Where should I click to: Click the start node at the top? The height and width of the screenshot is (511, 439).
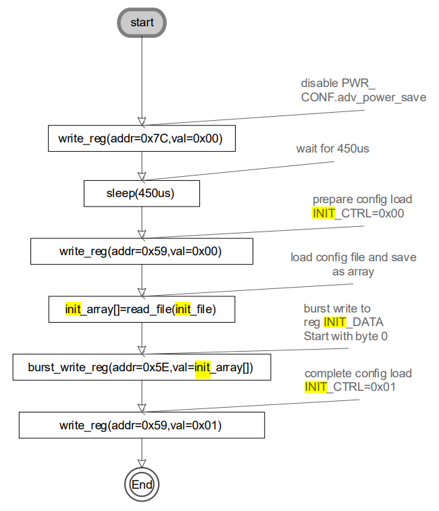coord(142,22)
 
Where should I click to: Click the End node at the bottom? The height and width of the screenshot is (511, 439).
coord(142,484)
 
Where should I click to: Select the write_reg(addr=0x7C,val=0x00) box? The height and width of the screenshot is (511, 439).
coord(142,138)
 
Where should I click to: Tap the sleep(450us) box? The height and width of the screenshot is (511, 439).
coord(142,194)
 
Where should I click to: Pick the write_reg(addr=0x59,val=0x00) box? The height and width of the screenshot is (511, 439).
coord(142,251)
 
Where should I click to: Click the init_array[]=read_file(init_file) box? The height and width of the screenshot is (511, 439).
coord(142,310)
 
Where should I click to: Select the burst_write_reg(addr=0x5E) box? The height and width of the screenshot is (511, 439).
coord(142,368)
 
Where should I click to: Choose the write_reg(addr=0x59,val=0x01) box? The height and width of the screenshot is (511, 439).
coord(142,426)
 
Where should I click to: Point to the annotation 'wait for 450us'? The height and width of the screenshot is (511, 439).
coord(332,149)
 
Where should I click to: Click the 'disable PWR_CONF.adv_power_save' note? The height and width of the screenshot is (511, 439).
coord(363,90)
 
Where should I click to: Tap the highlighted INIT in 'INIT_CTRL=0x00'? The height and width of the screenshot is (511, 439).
coord(324,213)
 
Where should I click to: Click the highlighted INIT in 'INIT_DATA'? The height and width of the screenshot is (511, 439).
coord(335,322)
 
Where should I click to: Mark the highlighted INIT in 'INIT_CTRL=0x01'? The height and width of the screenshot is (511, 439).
coord(316,387)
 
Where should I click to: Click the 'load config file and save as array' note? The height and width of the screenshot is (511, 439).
coord(353,264)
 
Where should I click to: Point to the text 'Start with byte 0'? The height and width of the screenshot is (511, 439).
coord(345,336)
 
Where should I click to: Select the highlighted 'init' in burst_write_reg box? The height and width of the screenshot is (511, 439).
coord(203,368)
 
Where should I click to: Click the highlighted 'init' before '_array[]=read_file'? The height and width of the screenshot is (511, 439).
coord(73,310)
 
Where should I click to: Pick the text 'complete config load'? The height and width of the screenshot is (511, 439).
coord(358,373)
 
